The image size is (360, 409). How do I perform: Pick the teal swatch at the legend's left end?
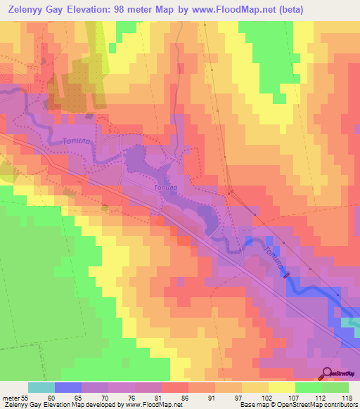41,387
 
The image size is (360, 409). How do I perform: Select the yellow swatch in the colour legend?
281,387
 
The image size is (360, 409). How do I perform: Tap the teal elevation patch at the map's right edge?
351,321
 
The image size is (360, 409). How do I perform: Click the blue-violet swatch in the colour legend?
68,387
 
